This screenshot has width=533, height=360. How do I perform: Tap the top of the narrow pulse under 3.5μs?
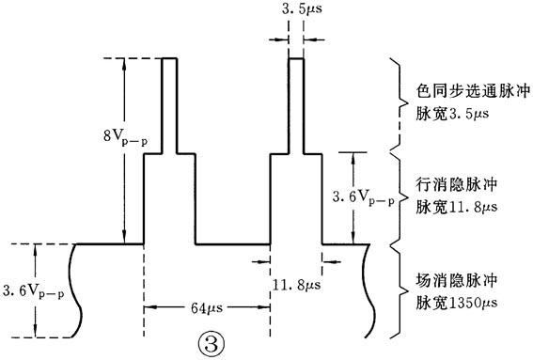point(295,59)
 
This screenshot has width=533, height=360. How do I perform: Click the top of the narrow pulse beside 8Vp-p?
point(170,59)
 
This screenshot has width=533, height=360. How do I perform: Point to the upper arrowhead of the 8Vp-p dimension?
point(123,66)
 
